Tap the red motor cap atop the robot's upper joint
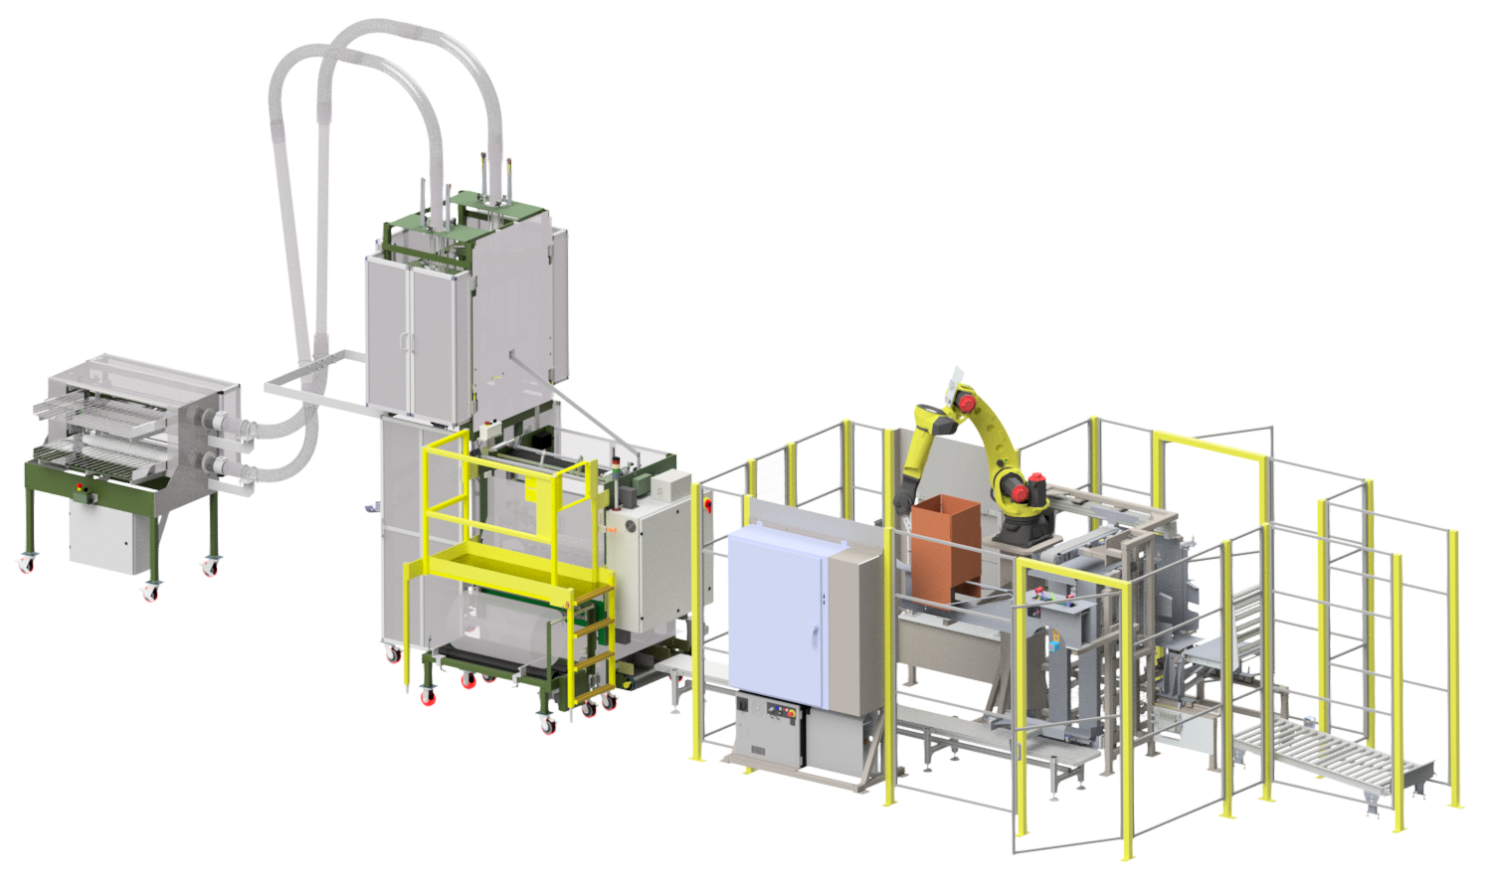coord(964,402)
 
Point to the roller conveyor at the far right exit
coord(1333,755)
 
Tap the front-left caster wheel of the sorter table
coord(25,564)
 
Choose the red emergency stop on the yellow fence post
coord(708,505)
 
